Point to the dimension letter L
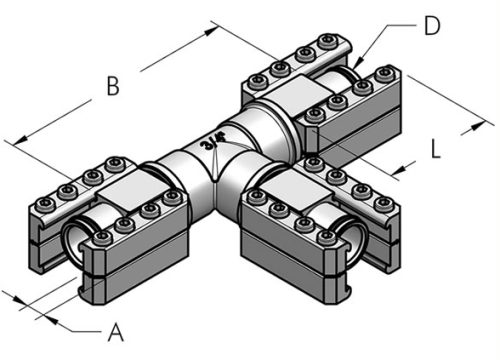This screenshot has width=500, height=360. click(x=435, y=149)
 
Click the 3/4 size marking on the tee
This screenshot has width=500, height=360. click(x=211, y=141)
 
